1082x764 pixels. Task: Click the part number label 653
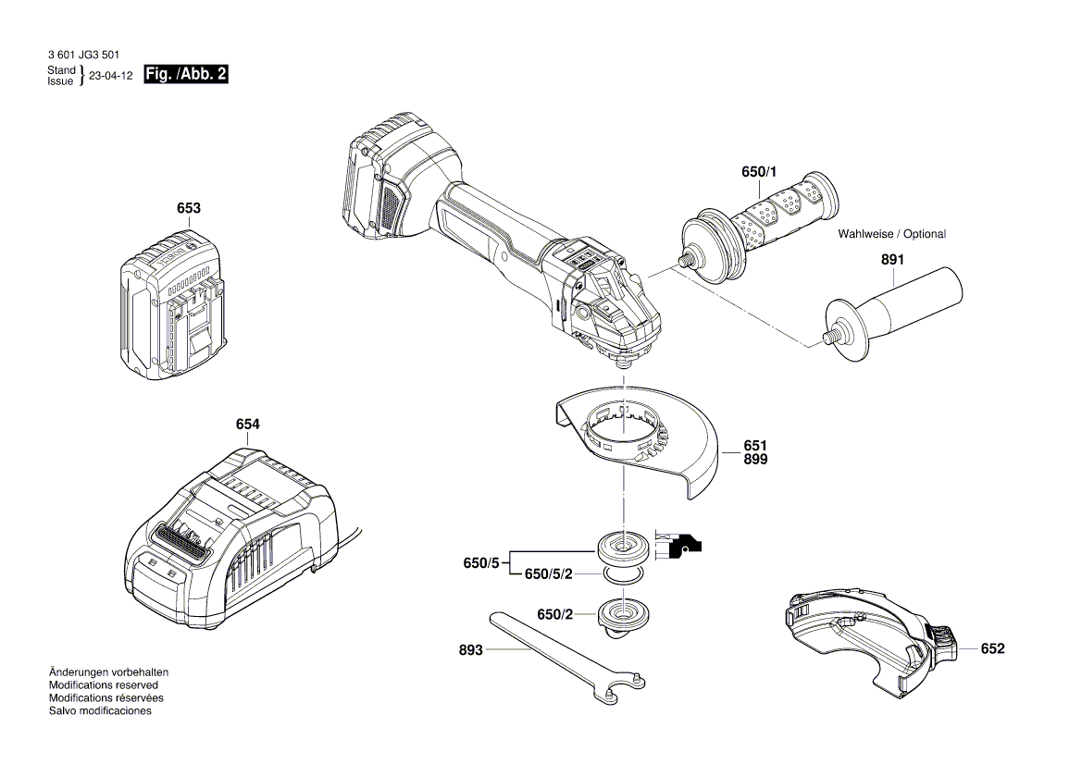coord(188,209)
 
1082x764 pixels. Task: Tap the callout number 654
coord(247,425)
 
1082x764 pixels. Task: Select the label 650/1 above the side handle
coord(760,173)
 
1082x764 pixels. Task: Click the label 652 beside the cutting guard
coord(992,649)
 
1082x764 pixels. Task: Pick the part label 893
coord(470,650)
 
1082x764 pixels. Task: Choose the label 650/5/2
coord(548,574)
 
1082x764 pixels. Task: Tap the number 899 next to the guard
coord(755,459)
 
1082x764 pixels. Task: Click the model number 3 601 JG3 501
coord(83,55)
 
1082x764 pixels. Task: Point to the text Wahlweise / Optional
coord(891,234)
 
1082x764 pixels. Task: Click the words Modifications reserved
coord(103,685)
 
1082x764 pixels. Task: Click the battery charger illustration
coord(231,536)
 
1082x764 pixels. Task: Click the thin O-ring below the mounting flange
coord(623,577)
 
